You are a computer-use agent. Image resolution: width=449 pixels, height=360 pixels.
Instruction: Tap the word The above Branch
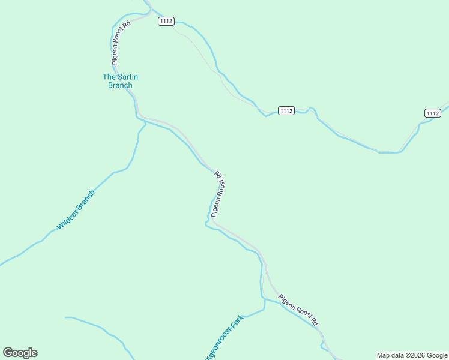coord(109,77)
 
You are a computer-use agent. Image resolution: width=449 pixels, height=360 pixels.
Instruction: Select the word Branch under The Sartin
coord(120,85)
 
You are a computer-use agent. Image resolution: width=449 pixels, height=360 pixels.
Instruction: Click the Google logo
coord(20,353)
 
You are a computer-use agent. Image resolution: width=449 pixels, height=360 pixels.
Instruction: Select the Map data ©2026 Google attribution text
coord(412,355)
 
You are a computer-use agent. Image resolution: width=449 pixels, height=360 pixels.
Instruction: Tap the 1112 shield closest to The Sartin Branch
coord(166,21)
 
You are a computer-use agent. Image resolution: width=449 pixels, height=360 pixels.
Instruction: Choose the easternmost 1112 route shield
coord(433,113)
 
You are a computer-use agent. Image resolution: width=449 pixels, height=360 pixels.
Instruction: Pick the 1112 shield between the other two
coord(286,111)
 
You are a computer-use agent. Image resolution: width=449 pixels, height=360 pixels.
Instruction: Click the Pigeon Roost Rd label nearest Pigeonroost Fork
coord(298,310)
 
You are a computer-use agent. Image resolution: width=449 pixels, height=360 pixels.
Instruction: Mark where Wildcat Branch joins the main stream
coord(145,123)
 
